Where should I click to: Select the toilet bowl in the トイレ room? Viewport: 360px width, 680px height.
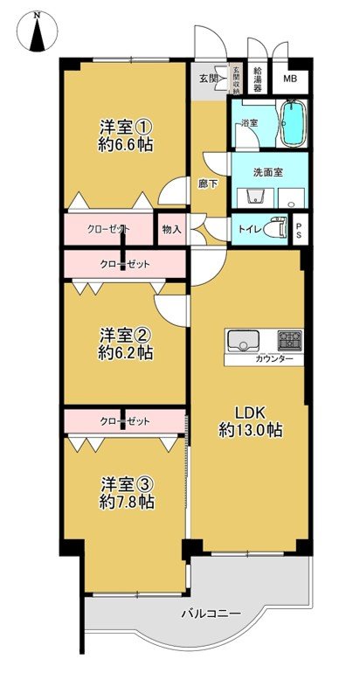(278, 227)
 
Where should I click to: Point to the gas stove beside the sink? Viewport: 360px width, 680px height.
(290, 340)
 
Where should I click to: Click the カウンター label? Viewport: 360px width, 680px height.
(274, 360)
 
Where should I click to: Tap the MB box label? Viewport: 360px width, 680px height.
(289, 77)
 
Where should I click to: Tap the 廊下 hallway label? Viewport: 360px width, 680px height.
(209, 184)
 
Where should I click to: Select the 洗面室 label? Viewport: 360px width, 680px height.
(267, 171)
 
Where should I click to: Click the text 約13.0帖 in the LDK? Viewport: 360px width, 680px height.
(249, 430)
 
